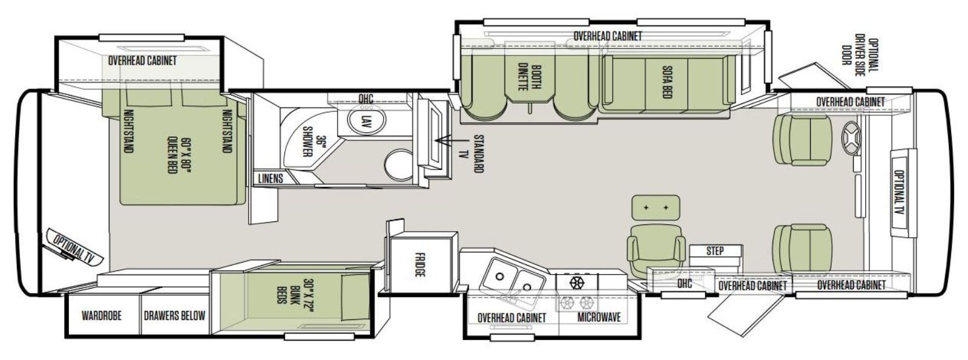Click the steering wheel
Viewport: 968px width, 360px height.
(851, 139)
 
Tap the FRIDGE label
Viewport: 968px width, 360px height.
(420, 265)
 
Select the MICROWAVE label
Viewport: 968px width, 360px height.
(599, 317)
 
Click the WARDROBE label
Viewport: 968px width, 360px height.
(102, 315)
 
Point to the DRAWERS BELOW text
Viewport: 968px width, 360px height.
(175, 315)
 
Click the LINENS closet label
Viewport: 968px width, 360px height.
(270, 178)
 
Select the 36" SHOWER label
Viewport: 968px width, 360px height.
(314, 142)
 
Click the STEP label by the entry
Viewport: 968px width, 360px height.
(715, 251)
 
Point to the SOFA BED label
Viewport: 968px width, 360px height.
(666, 82)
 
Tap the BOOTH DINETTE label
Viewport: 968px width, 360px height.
(530, 78)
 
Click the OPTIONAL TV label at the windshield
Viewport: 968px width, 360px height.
(899, 192)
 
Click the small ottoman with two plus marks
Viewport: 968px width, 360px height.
(656, 208)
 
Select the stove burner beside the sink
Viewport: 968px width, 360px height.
(577, 283)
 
